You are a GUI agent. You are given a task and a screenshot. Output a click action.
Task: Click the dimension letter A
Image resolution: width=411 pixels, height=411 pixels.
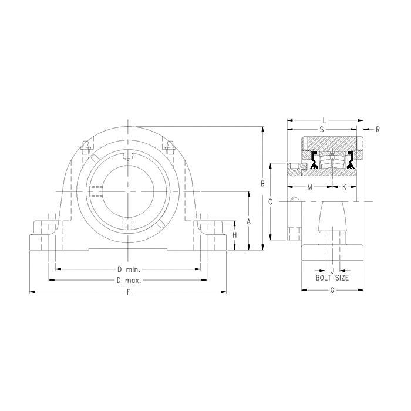249,222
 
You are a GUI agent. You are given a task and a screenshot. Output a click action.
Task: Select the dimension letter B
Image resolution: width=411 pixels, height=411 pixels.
262,184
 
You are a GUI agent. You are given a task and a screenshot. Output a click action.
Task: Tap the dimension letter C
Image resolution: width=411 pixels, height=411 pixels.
271,202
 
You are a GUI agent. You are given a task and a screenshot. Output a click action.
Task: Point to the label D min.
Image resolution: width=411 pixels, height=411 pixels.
129,269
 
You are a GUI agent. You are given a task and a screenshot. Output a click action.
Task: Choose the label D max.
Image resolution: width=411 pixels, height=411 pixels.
129,281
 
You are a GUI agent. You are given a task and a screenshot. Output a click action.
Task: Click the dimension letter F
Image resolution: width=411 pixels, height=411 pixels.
128,292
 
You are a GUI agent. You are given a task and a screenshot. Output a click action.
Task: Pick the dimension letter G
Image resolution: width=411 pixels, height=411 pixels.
332,290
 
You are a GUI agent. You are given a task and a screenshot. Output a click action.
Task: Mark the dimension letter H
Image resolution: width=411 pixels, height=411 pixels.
235,235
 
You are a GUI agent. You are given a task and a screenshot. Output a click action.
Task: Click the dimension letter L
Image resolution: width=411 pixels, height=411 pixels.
325,120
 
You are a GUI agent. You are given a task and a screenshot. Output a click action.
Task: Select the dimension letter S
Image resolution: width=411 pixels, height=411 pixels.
322,129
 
